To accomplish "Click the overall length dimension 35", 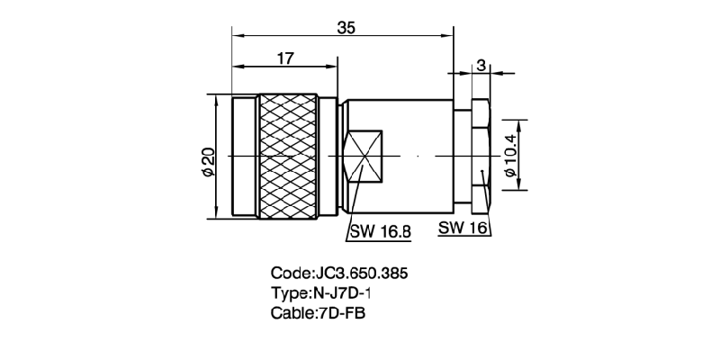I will pyautogui.click(x=346, y=27).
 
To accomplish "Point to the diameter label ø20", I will pyautogui.click(x=206, y=158).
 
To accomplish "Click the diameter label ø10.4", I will pyautogui.click(x=510, y=155).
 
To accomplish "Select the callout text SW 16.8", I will pyautogui.click(x=380, y=231).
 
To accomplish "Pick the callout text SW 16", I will pyautogui.click(x=463, y=229).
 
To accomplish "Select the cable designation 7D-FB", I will pyautogui.click(x=341, y=313).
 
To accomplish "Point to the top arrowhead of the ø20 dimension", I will pyautogui.click(x=216, y=98).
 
